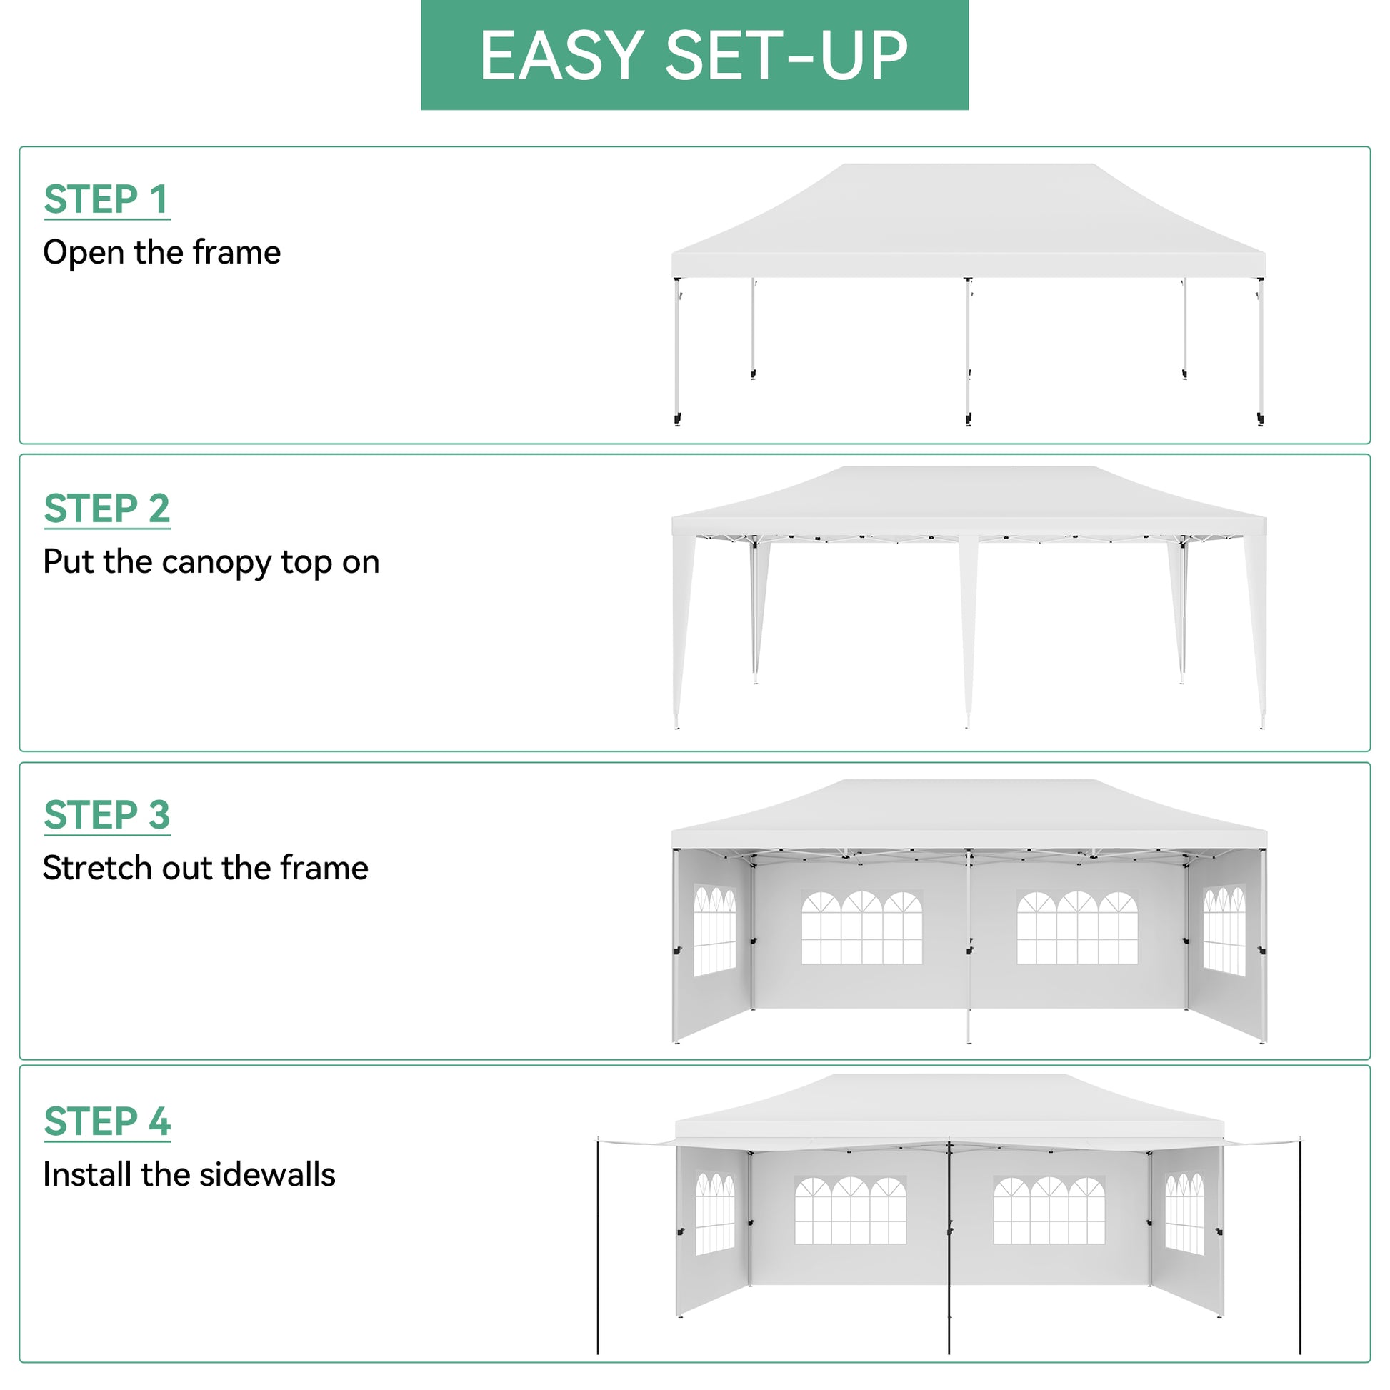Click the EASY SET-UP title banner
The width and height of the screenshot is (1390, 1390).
(x=694, y=56)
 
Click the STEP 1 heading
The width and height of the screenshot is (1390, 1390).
(x=106, y=199)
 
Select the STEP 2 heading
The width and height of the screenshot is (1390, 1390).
(x=106, y=509)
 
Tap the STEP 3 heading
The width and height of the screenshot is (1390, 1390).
(x=106, y=814)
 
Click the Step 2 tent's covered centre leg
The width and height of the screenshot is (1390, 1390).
(x=969, y=626)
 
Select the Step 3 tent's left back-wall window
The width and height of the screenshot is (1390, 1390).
(x=861, y=927)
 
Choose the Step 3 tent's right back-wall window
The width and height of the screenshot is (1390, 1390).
(x=1077, y=927)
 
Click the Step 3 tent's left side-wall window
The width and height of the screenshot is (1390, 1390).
(x=714, y=930)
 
